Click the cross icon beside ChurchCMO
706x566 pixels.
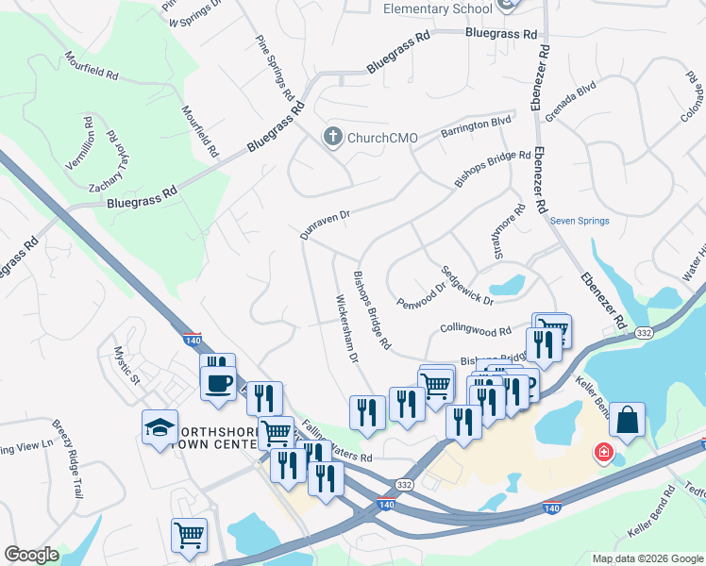tap(332, 138)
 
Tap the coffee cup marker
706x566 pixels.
tap(218, 383)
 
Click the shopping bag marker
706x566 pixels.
tap(627, 421)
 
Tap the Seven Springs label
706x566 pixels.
tap(580, 221)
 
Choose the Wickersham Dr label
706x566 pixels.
tap(347, 329)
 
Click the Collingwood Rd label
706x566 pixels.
tap(475, 330)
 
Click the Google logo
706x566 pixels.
tap(31, 555)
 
